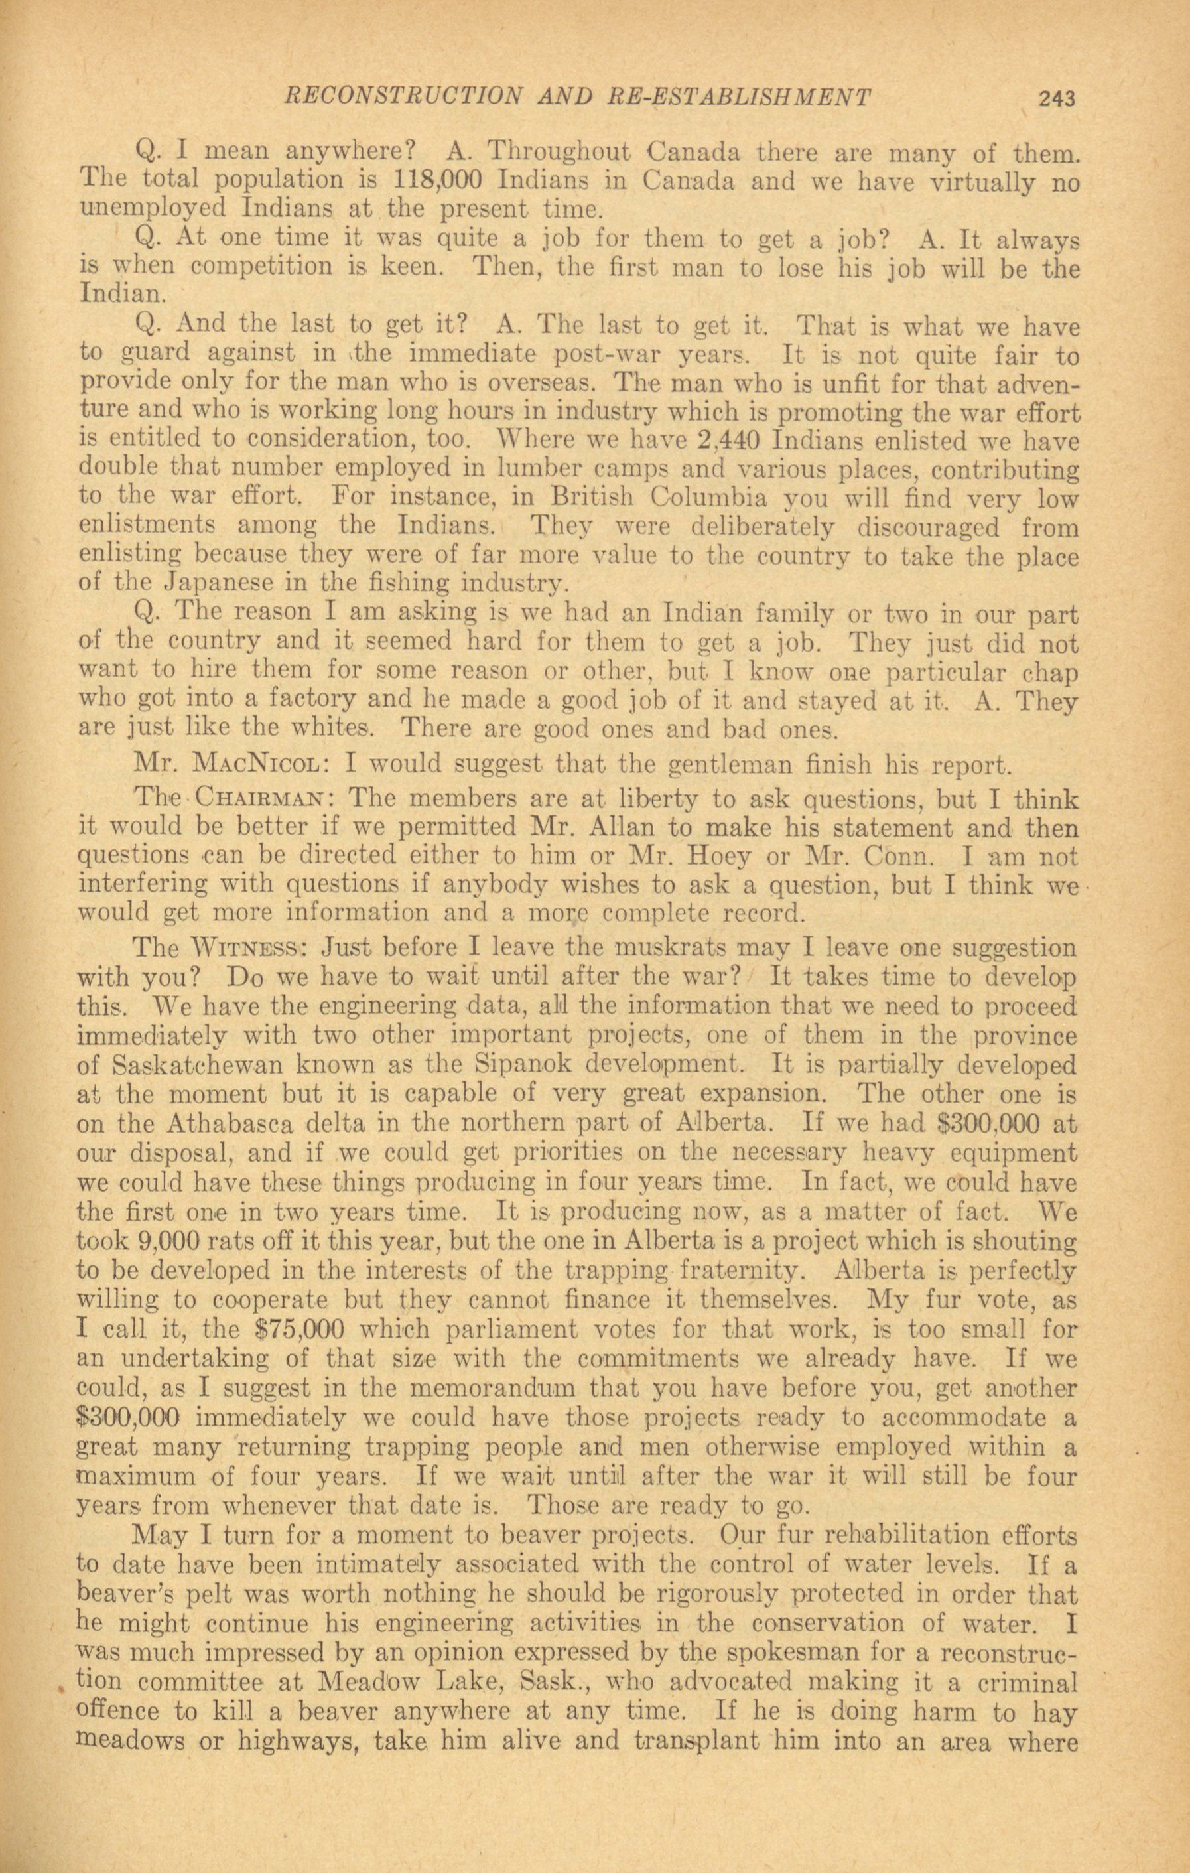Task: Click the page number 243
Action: coord(1055,99)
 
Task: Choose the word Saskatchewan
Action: coord(206,1065)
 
